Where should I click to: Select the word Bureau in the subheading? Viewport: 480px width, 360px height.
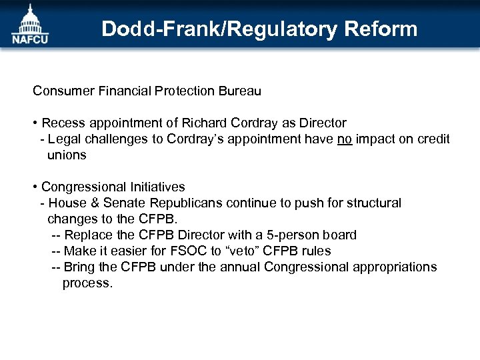[x=237, y=91]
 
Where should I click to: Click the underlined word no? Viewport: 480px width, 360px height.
[x=345, y=139]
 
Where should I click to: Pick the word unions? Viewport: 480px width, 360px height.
[x=67, y=155]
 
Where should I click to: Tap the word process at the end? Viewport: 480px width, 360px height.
[x=87, y=283]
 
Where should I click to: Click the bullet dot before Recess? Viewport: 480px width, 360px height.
[x=35, y=123]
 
